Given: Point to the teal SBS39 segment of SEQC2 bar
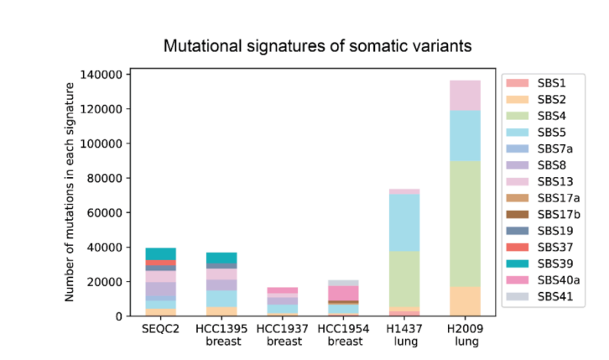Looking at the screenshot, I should [x=160, y=253].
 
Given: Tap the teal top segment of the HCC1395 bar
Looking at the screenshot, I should [x=221, y=258].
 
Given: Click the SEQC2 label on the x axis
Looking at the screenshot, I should [x=160, y=330].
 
